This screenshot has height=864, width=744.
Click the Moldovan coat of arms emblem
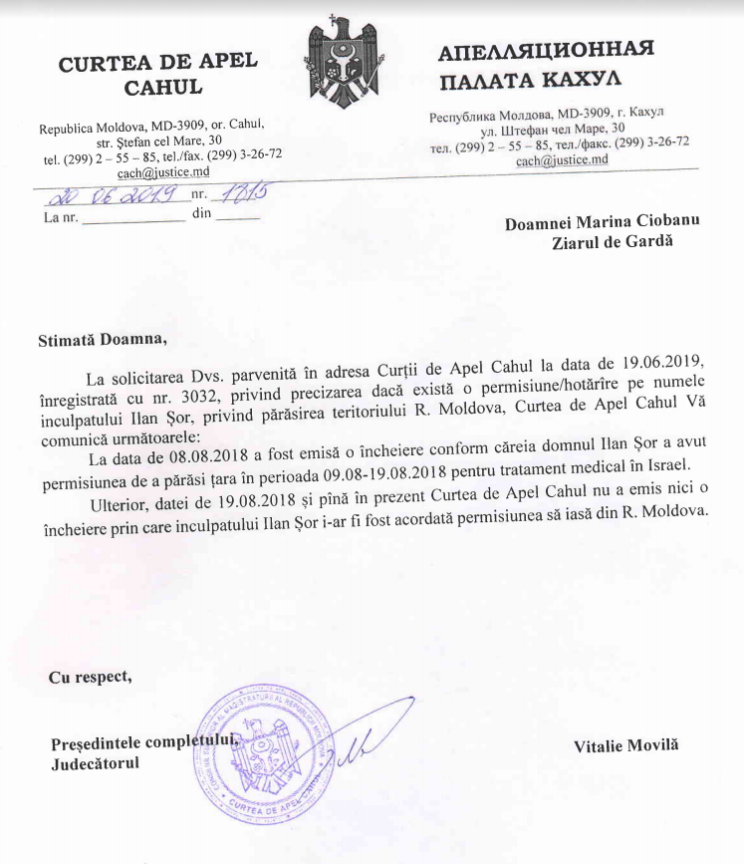tap(347, 69)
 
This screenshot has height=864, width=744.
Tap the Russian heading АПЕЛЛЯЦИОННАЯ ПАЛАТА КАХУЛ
tap(546, 63)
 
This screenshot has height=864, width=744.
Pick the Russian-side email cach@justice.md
tap(561, 158)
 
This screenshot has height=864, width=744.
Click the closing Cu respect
tap(91, 678)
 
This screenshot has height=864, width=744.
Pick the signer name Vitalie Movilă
tap(625, 745)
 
